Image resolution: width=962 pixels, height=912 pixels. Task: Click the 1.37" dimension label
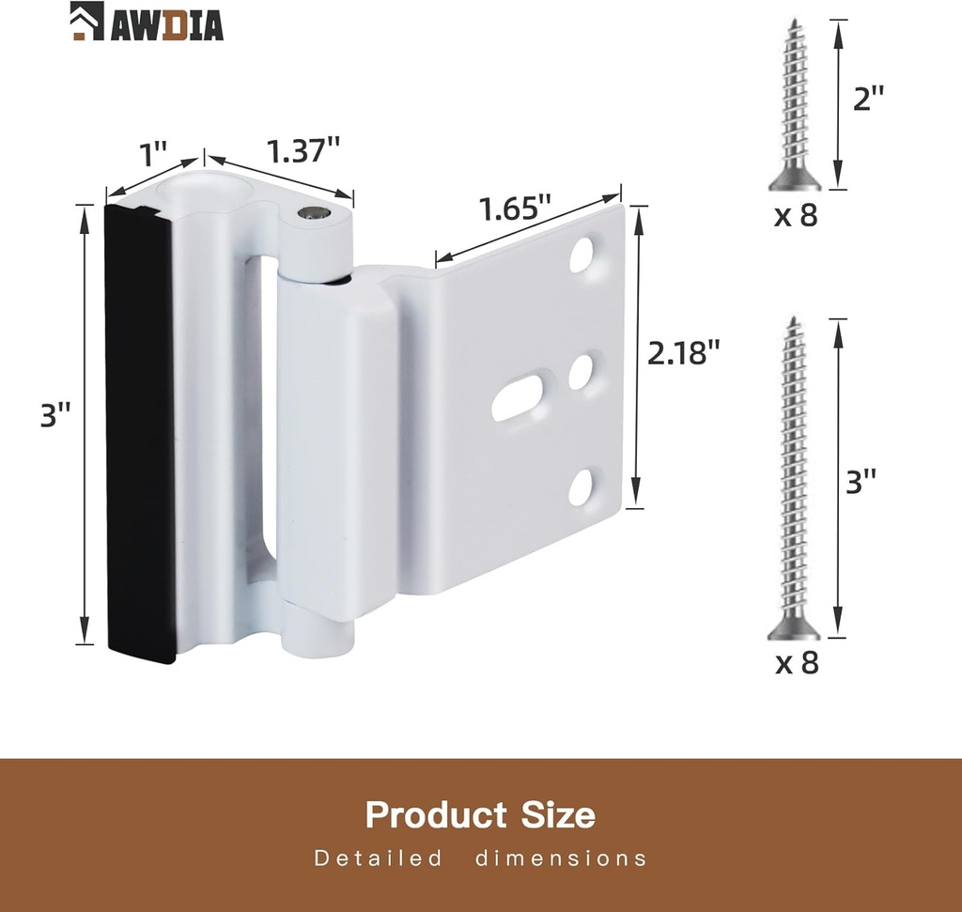(x=303, y=149)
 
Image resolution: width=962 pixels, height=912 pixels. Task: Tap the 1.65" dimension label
(x=512, y=209)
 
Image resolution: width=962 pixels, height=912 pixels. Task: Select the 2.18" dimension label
(x=684, y=353)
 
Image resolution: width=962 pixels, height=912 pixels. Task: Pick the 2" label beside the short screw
(x=868, y=98)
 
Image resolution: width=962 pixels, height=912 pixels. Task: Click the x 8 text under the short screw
(x=796, y=216)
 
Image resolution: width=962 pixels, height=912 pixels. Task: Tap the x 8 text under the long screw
(x=796, y=663)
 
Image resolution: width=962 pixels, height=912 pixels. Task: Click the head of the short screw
(x=794, y=178)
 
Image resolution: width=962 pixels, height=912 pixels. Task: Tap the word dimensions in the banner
(x=561, y=858)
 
